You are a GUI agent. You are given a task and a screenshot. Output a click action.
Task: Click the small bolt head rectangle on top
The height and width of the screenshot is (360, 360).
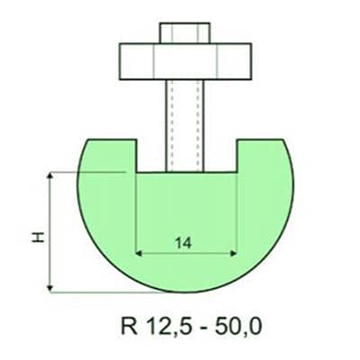pos(184,31)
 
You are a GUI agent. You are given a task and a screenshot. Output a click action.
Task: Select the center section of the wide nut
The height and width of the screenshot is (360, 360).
pos(184,60)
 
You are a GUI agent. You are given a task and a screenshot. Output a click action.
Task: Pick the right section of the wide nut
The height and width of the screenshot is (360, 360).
pos(232,60)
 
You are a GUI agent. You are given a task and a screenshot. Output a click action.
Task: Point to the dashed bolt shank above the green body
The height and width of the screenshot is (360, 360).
pos(184,108)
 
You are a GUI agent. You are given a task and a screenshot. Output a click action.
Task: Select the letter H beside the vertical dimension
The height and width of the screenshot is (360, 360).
pos(37,237)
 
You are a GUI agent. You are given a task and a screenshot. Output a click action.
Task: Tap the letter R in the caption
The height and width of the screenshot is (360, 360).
pos(127,322)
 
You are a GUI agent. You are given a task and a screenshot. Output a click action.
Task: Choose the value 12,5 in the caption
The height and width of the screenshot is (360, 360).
pos(163,322)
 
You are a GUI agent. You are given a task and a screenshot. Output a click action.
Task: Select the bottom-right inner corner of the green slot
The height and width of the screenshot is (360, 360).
pos(237,172)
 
